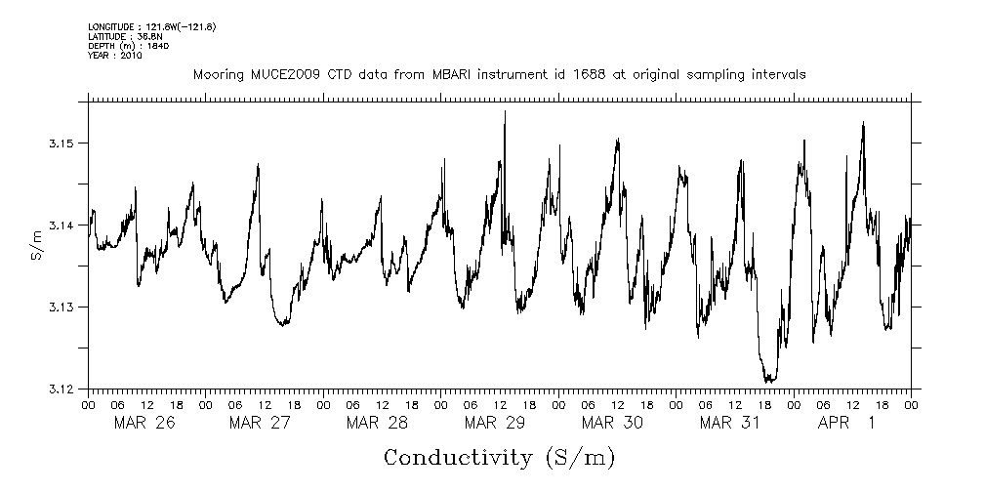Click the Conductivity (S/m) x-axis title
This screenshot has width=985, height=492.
[499, 457]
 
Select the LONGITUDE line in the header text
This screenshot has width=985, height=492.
[151, 26]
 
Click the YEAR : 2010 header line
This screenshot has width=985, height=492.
[115, 56]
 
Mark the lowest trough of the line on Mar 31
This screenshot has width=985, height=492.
[769, 381]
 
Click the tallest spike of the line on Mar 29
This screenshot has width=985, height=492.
[505, 111]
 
